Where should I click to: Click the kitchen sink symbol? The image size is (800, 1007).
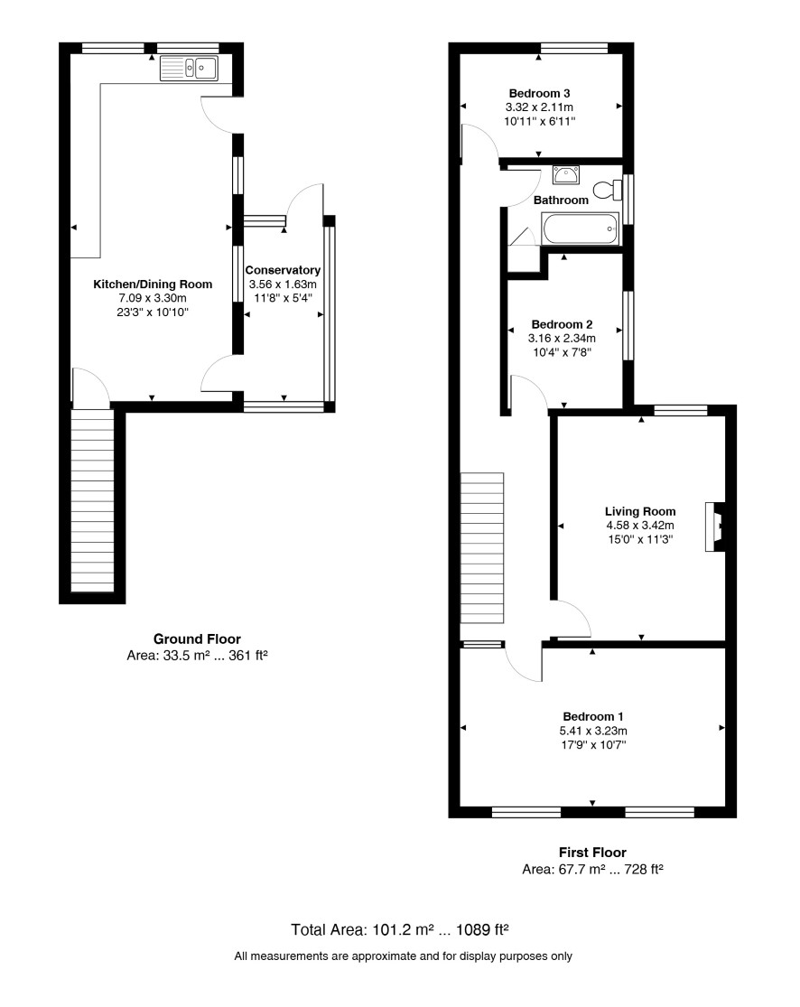(190, 68)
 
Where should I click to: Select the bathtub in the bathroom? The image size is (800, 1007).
(581, 228)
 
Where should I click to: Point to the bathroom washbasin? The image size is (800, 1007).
(565, 174)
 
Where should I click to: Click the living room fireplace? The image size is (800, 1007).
(715, 527)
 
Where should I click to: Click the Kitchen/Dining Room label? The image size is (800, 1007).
(153, 284)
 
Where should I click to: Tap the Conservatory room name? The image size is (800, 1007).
(283, 270)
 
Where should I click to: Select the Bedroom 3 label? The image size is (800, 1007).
(539, 93)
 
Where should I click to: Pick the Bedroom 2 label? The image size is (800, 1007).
(562, 324)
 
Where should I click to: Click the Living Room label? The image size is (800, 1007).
(640, 511)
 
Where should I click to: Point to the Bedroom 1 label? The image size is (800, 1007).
(593, 716)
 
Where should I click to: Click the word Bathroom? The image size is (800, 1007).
(561, 200)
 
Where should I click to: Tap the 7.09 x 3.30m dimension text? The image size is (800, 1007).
(153, 298)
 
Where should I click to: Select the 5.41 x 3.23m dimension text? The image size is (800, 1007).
(593, 731)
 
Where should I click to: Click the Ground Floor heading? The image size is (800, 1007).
(197, 639)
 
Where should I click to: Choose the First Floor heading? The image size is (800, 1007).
(592, 853)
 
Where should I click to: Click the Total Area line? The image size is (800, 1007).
(400, 929)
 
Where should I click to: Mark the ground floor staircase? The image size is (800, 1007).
(92, 500)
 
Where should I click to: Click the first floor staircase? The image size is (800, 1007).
(482, 548)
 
